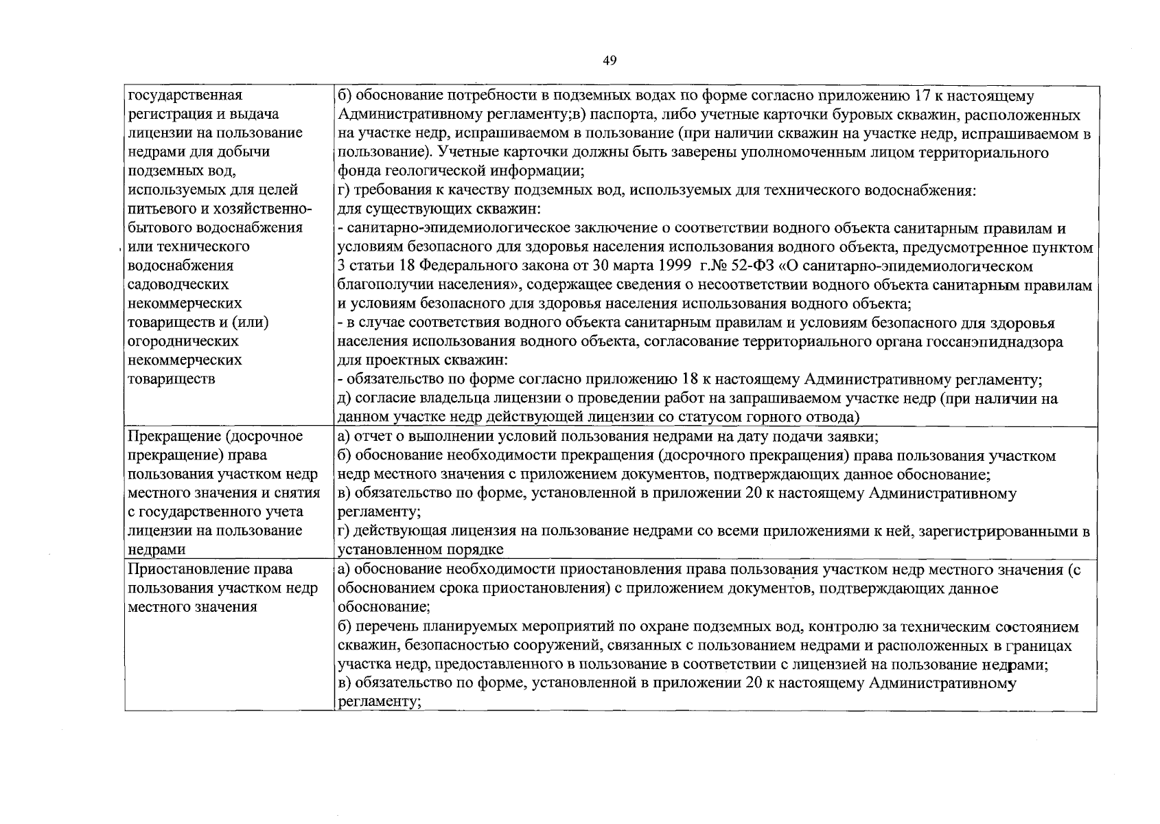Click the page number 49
click(610, 60)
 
